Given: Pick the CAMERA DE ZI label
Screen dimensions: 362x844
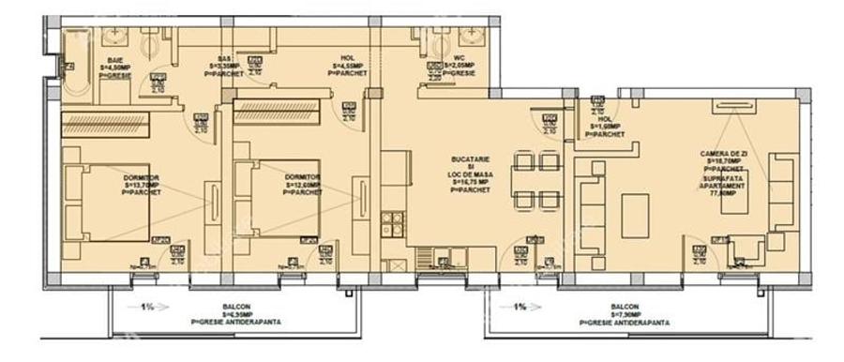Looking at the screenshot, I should click(x=724, y=158).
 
